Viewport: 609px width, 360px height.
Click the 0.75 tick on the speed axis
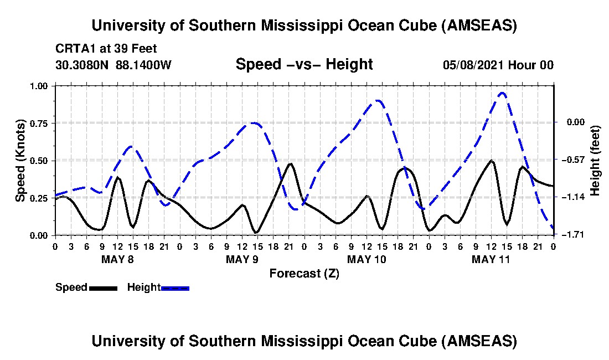click(42, 123)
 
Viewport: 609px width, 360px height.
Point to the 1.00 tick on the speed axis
click(42, 86)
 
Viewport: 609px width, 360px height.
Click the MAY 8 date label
click(117, 259)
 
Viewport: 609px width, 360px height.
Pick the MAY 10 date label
click(366, 259)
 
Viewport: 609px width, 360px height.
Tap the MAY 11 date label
click(491, 259)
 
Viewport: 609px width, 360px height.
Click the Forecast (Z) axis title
click(304, 273)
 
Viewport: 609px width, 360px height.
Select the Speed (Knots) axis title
click(20, 160)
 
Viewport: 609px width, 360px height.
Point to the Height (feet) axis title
click(595, 161)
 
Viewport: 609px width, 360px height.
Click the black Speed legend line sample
click(103, 288)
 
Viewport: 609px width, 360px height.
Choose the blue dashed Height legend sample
click(175, 288)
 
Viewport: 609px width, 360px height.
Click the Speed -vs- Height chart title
click(304, 65)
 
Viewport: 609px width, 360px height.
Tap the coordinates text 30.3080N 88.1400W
click(113, 65)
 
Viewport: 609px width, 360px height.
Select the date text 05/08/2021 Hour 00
click(498, 65)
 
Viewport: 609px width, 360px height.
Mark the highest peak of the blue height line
click(502, 92)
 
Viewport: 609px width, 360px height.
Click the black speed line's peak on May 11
click(491, 161)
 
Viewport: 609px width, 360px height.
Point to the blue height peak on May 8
click(131, 146)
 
